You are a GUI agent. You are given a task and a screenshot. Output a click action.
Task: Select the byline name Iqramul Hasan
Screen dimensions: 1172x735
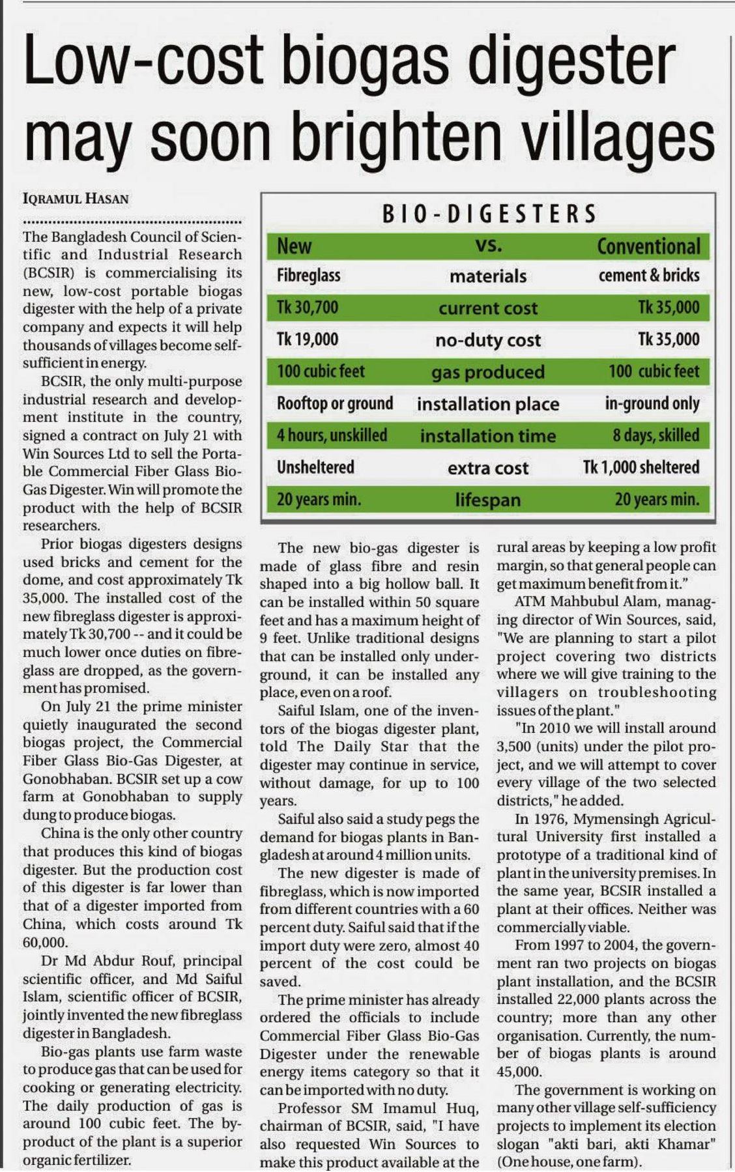click(x=76, y=198)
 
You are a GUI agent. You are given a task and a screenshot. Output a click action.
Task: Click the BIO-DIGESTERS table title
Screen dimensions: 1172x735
click(x=488, y=214)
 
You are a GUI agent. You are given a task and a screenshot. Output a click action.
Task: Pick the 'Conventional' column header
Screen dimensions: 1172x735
click(x=648, y=246)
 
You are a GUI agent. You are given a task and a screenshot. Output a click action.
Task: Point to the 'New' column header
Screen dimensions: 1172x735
click(x=294, y=246)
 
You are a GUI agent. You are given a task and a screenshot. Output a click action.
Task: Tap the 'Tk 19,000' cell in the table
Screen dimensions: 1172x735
click(x=308, y=339)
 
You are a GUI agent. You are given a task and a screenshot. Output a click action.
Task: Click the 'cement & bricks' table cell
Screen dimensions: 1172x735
click(x=649, y=276)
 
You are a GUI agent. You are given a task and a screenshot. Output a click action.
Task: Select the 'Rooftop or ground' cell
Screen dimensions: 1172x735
click(x=335, y=403)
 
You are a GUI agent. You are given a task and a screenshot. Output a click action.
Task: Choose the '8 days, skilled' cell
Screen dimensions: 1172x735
click(x=656, y=435)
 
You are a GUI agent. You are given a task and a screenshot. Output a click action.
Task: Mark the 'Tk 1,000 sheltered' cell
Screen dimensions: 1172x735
click(x=641, y=467)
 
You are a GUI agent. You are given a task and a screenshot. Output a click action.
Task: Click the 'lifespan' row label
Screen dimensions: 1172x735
click(x=488, y=500)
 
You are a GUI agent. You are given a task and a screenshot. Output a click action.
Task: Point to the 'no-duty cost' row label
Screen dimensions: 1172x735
click(x=488, y=339)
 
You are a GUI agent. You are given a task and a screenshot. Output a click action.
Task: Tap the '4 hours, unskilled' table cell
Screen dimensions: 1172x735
click(x=332, y=435)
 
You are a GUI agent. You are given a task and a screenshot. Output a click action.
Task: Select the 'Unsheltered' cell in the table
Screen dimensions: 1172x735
click(x=315, y=467)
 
